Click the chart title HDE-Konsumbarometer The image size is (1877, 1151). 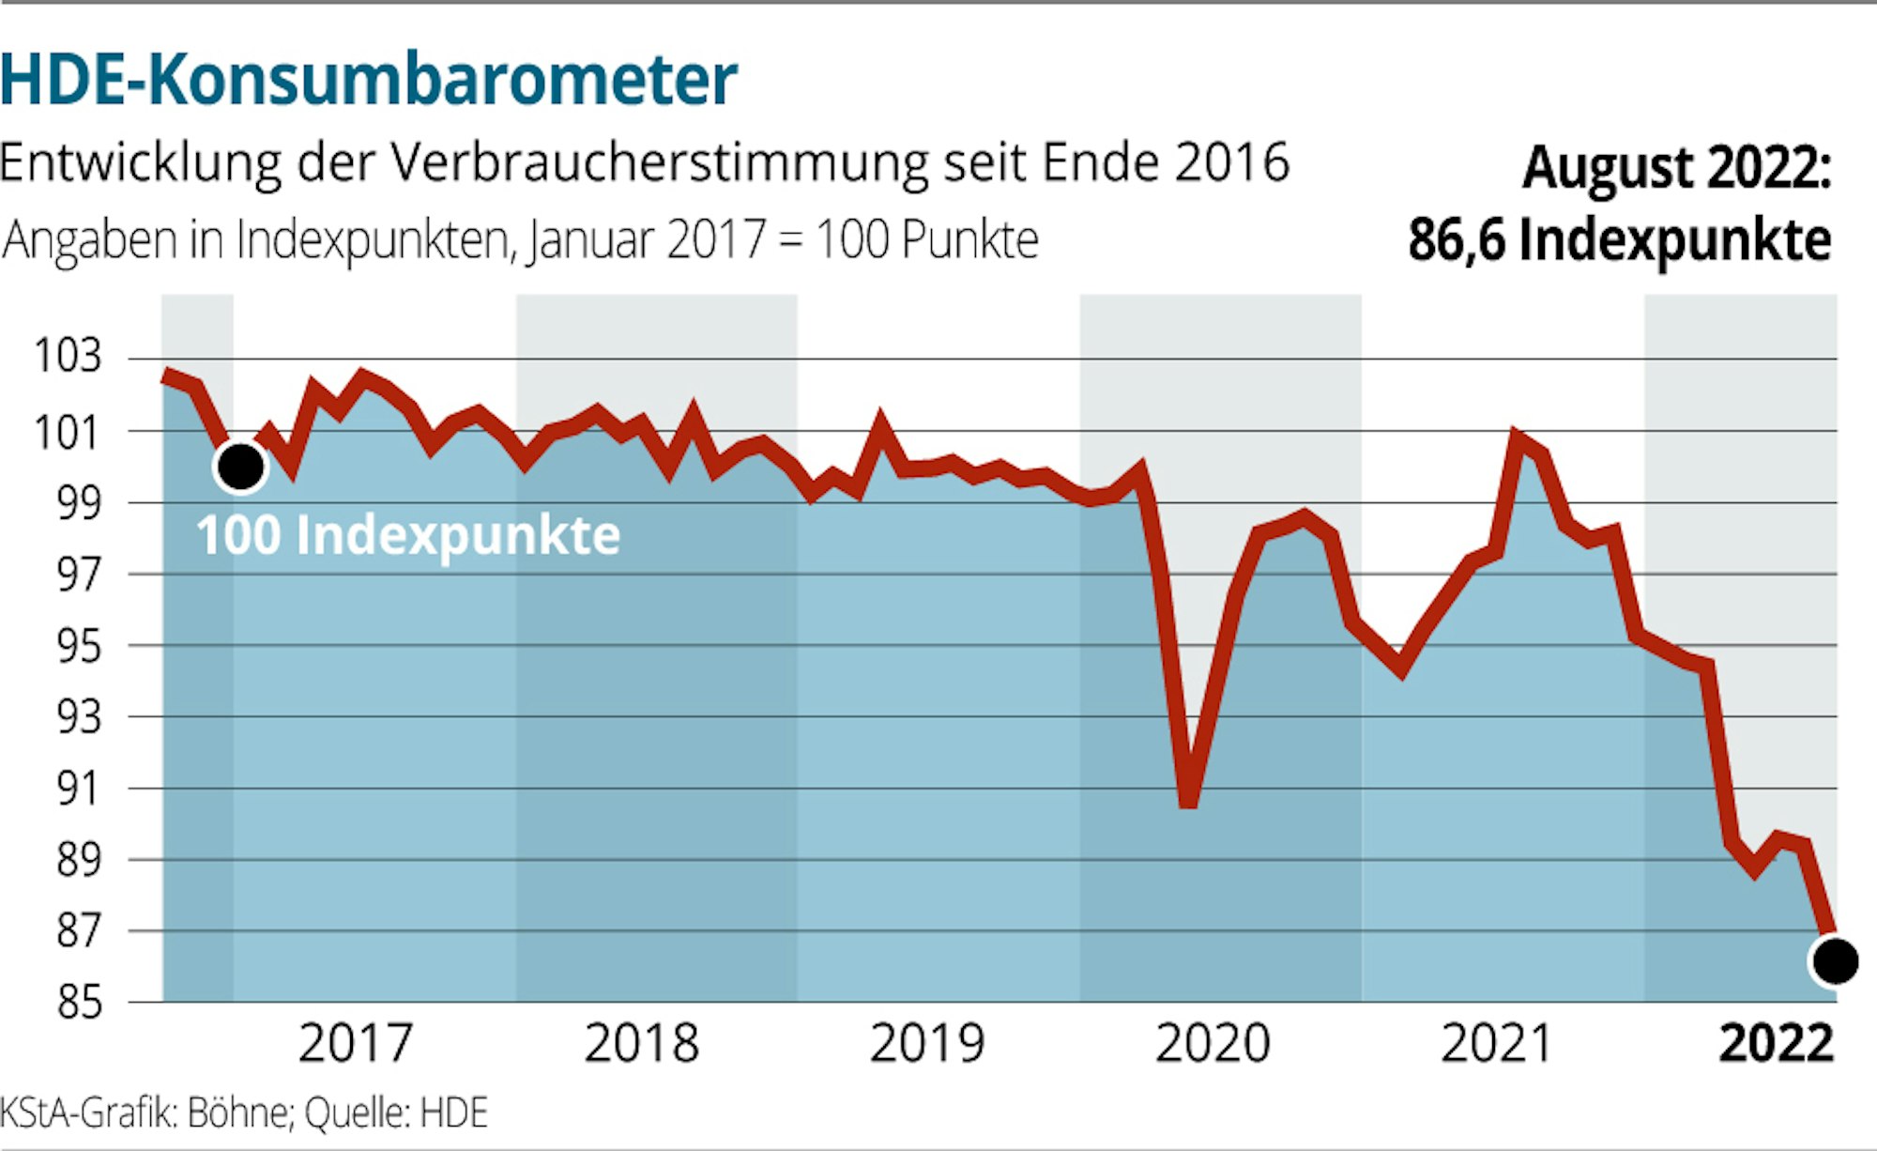369,80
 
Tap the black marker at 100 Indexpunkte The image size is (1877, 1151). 240,466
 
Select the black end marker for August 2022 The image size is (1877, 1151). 1835,961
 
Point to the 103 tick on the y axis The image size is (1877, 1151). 68,357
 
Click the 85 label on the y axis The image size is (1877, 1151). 79,1002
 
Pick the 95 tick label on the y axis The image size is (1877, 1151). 79,646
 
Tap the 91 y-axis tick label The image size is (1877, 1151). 79,789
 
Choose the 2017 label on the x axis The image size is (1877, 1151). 356,1043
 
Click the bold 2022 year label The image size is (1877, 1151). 1776,1043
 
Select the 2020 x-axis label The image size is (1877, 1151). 1213,1043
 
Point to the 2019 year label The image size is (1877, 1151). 927,1043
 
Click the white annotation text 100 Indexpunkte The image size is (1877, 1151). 408,536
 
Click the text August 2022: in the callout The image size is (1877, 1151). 1676,169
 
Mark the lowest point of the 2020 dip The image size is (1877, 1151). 1188,802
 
